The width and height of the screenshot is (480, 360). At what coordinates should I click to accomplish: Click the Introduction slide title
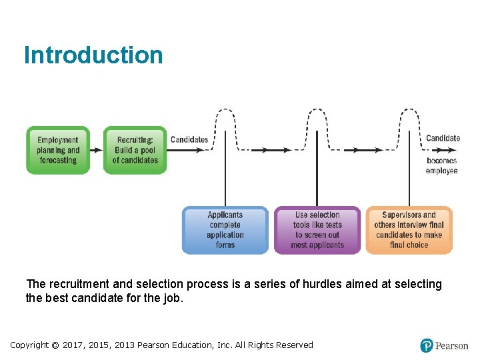coord(93,55)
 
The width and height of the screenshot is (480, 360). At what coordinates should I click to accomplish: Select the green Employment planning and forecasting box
coord(58,150)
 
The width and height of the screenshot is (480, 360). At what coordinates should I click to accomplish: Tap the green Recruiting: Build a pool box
coord(135,150)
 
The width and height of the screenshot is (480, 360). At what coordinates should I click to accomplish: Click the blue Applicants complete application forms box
coord(225,230)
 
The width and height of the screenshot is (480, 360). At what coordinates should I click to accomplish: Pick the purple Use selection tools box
coord(317,230)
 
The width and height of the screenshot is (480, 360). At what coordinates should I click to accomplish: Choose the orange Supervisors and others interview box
coord(409,230)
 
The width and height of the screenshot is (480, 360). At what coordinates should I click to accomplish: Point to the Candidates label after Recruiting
coord(189,139)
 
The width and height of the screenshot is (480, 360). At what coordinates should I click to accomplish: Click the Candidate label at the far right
coord(443,138)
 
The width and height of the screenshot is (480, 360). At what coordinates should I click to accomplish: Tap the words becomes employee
coord(442,166)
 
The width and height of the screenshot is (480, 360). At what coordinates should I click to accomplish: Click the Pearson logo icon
coord(427,345)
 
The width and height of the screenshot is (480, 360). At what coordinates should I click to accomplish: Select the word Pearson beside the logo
coord(452,345)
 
